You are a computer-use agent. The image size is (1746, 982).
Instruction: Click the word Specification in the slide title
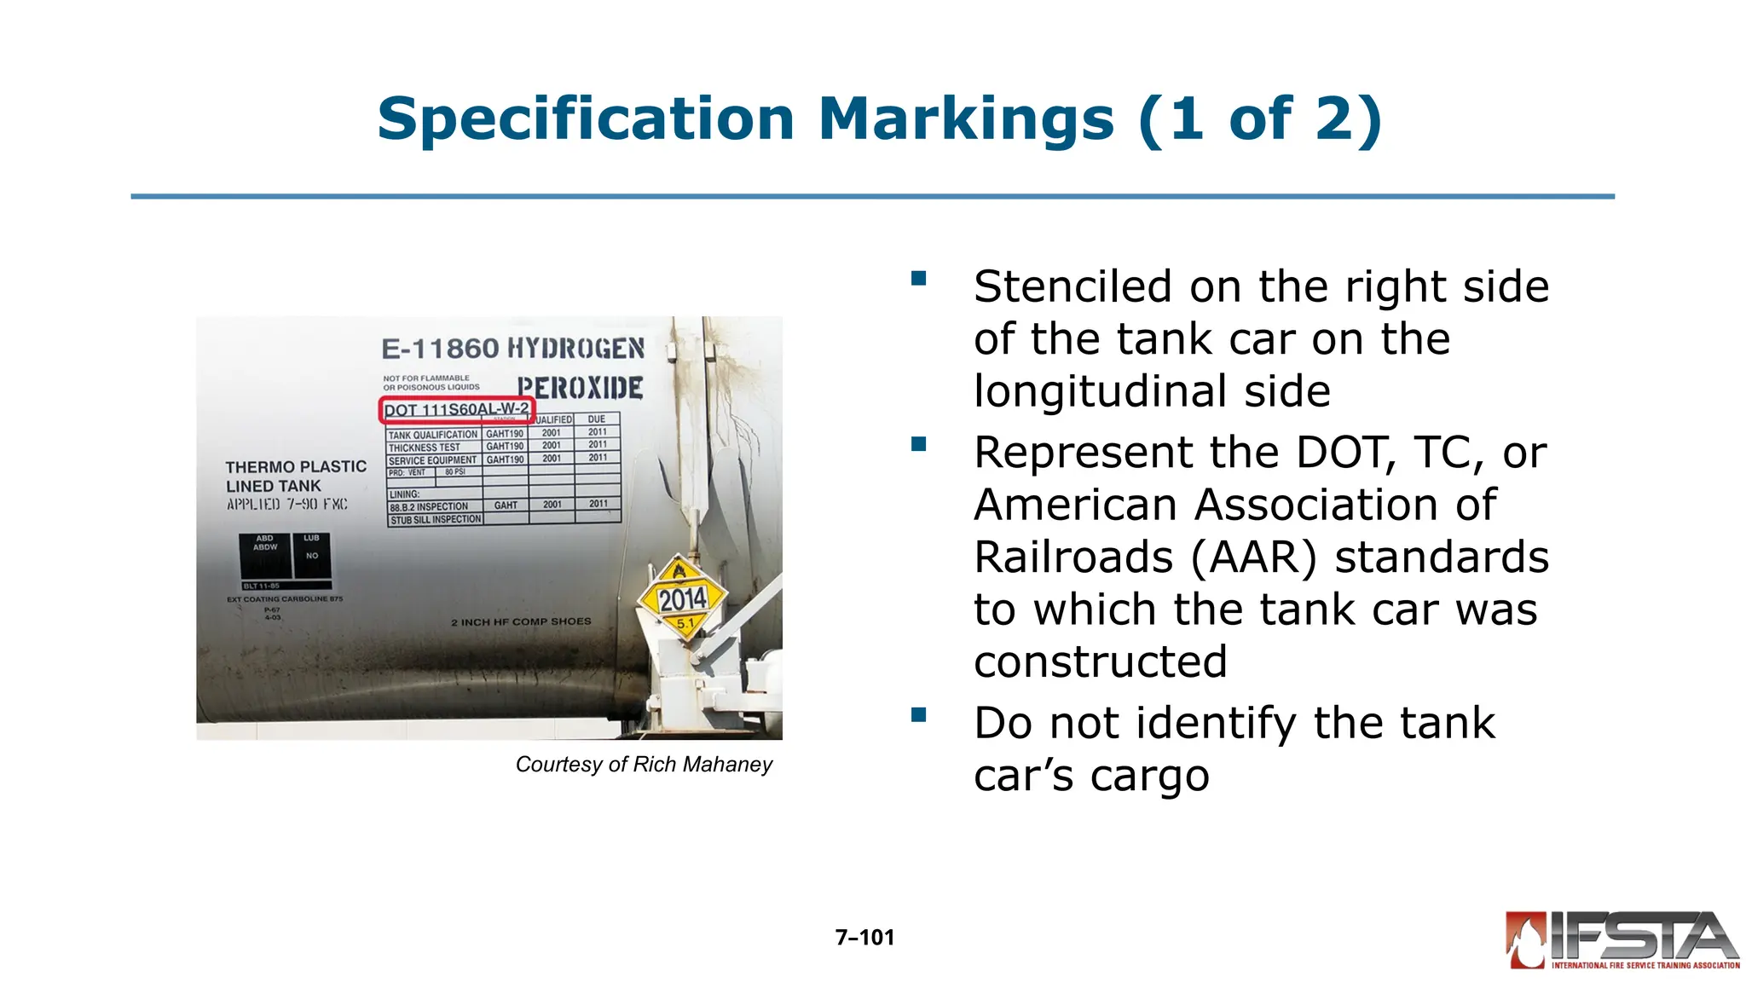(x=586, y=118)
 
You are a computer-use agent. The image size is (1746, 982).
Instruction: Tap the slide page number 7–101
(x=864, y=938)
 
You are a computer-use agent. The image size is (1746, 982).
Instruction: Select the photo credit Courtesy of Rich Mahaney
(x=644, y=765)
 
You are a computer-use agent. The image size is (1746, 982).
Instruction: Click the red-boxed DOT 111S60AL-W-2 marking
(x=456, y=410)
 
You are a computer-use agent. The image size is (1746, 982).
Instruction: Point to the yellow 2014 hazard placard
(x=682, y=598)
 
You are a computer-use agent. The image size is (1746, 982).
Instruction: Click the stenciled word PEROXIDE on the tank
(x=580, y=389)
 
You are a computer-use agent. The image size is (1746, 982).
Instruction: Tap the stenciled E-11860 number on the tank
(x=439, y=349)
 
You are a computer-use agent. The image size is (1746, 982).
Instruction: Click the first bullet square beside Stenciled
(x=918, y=279)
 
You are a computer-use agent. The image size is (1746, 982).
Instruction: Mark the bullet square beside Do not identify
(x=918, y=715)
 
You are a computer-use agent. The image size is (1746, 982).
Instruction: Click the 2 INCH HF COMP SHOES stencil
(x=521, y=622)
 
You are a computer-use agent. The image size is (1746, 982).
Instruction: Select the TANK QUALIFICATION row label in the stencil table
(x=433, y=435)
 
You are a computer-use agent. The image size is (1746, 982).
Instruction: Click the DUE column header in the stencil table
(x=597, y=419)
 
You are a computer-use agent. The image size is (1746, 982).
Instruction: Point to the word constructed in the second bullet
(x=1101, y=662)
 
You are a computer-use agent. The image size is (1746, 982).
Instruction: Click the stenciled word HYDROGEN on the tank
(x=576, y=349)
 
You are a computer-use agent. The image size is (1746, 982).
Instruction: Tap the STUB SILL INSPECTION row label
(x=436, y=519)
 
